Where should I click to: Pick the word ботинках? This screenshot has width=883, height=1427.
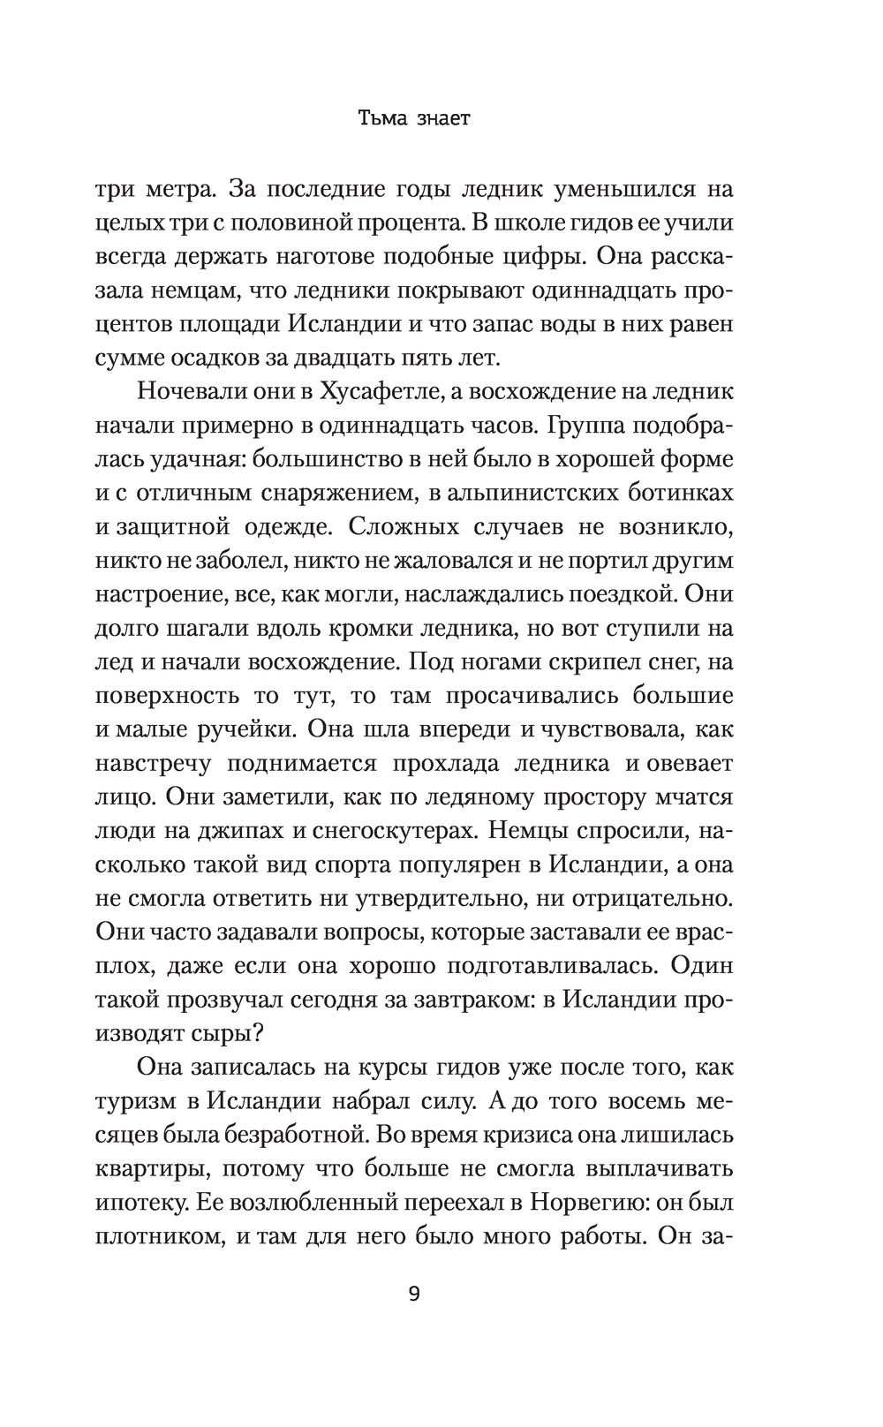682,493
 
